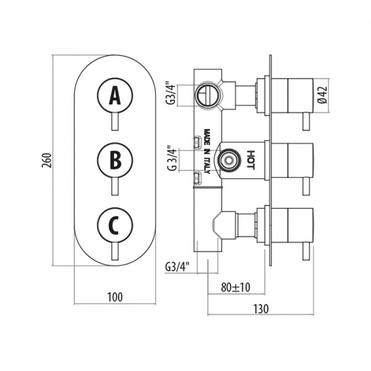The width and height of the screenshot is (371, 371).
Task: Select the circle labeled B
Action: [114, 161]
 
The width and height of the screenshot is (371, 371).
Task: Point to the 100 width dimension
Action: [114, 297]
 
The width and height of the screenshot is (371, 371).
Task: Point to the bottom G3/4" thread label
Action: [177, 267]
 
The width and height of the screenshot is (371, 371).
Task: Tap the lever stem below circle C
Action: [114, 252]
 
